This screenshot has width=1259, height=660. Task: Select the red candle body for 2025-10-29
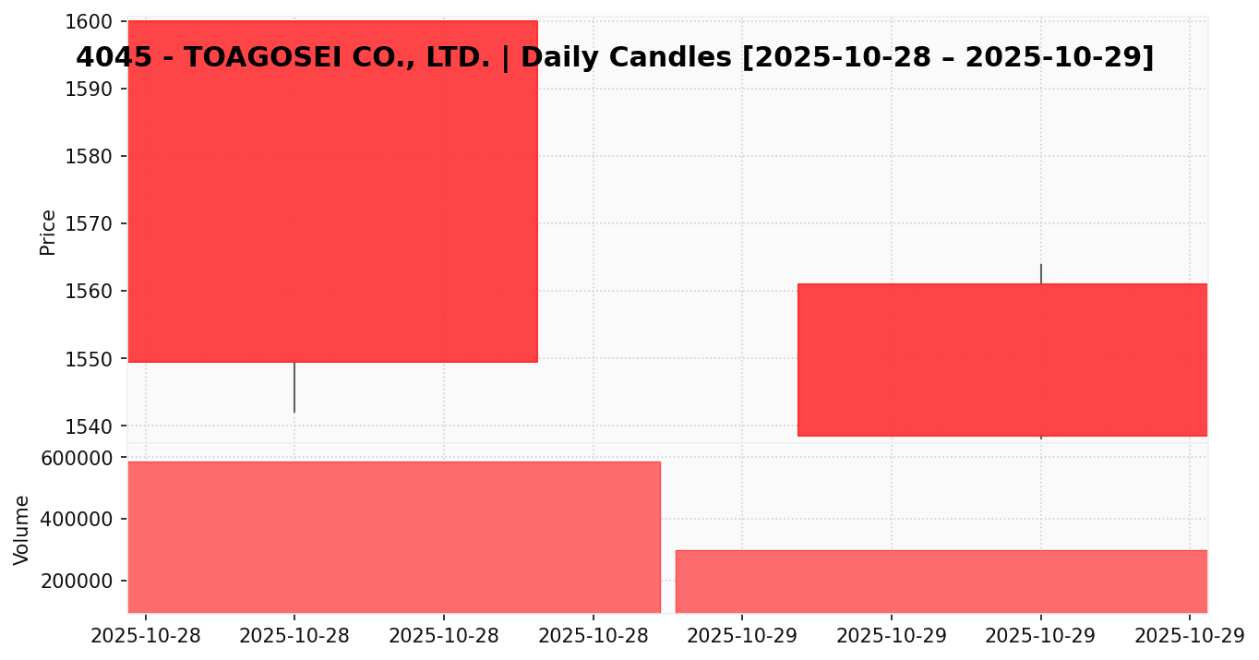click(x=1002, y=359)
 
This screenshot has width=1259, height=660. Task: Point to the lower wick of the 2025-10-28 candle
click(x=294, y=388)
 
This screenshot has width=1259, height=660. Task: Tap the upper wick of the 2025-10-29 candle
click(x=1041, y=273)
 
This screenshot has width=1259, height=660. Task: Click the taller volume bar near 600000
click(x=394, y=536)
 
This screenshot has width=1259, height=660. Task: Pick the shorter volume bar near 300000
click(x=941, y=581)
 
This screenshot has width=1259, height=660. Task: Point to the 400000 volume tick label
click(x=82, y=520)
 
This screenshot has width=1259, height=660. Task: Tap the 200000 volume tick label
click(x=82, y=582)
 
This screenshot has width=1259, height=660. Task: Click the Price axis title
click(x=48, y=232)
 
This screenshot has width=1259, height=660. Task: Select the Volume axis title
click(x=22, y=529)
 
